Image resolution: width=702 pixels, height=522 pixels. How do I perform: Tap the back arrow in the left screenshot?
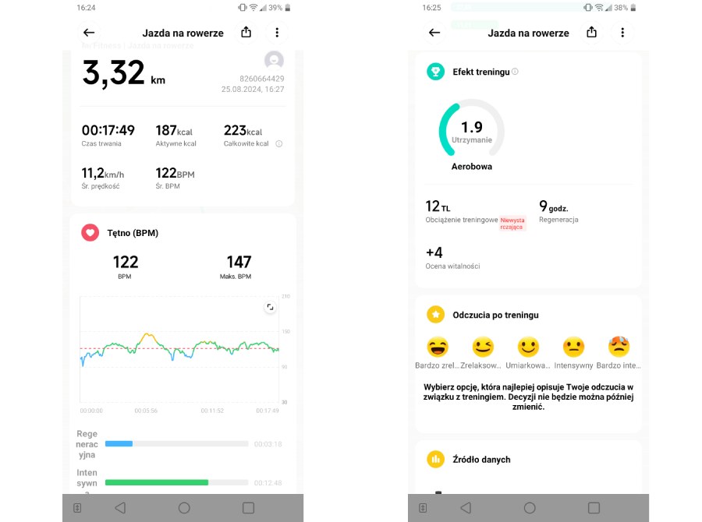coord(89,33)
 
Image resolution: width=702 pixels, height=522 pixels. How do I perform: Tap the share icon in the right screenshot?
coord(591,32)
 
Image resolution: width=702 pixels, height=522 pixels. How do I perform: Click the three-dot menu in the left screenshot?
coord(277,33)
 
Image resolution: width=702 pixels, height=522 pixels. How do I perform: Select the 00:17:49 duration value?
coord(108,131)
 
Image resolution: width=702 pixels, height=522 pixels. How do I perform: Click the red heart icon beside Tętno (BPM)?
coord(90,232)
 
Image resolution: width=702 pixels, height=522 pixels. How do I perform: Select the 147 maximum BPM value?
coord(239,262)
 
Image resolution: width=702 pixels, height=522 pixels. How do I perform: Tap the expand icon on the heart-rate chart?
coord(270,307)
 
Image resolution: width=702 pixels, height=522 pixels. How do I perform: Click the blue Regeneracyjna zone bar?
coord(119,443)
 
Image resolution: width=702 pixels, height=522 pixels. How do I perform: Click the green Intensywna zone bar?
coord(157,482)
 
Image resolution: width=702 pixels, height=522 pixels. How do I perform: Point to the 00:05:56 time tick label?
coord(146,411)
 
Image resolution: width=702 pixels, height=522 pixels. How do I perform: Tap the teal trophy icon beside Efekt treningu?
coord(435,72)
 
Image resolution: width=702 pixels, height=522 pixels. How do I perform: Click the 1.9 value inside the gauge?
coord(471,127)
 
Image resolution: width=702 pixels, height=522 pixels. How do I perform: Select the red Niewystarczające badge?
coord(512,224)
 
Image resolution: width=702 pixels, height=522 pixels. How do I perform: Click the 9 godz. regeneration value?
coord(553,206)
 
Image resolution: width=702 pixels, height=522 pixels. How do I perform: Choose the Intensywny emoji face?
coord(573,347)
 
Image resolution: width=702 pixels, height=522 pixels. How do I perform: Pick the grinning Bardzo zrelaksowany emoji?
coord(438,347)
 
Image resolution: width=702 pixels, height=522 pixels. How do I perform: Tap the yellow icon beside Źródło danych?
coord(435,459)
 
